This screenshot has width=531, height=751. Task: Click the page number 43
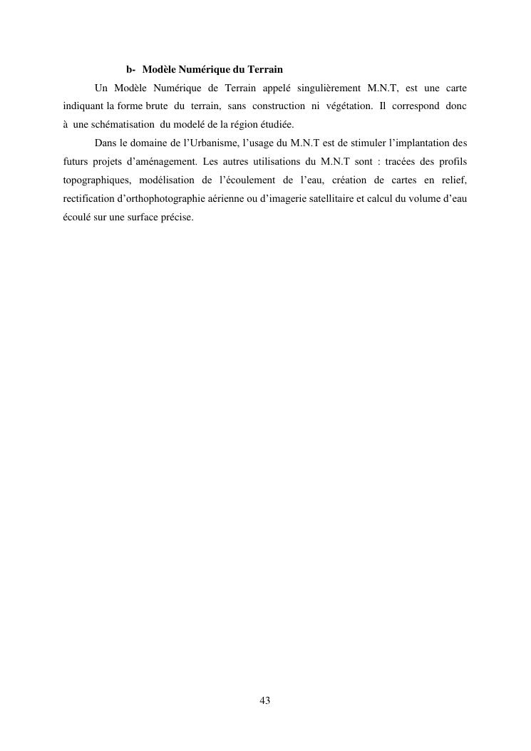pyautogui.click(x=265, y=701)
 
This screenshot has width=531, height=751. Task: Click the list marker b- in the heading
pyautogui.click(x=131, y=70)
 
